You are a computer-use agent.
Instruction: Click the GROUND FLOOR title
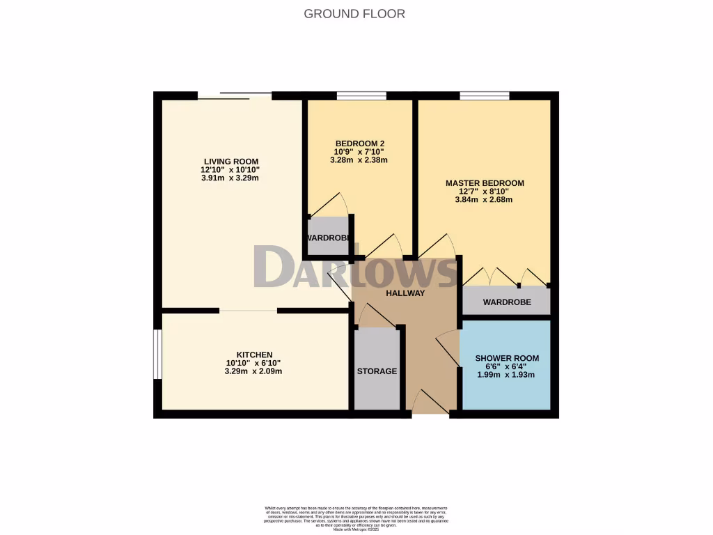click(354, 14)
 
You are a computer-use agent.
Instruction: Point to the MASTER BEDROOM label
click(485, 183)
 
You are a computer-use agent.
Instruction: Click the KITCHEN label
click(253, 355)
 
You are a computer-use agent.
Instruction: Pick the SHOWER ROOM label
click(507, 358)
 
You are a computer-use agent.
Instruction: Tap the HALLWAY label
click(405, 293)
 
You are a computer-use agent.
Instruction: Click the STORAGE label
click(377, 371)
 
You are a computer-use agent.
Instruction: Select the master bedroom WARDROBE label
click(507, 302)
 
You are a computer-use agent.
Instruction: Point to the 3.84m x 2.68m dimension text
click(485, 200)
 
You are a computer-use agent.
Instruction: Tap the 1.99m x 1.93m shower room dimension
click(506, 375)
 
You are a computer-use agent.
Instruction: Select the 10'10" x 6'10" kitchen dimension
click(253, 363)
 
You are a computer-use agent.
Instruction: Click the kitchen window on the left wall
click(157, 355)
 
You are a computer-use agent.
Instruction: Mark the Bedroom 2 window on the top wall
click(361, 95)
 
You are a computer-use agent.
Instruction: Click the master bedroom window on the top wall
click(484, 95)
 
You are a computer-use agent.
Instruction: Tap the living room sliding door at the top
click(234, 95)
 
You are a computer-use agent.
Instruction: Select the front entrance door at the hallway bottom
click(430, 404)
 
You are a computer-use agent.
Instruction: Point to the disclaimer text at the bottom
click(356, 518)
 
